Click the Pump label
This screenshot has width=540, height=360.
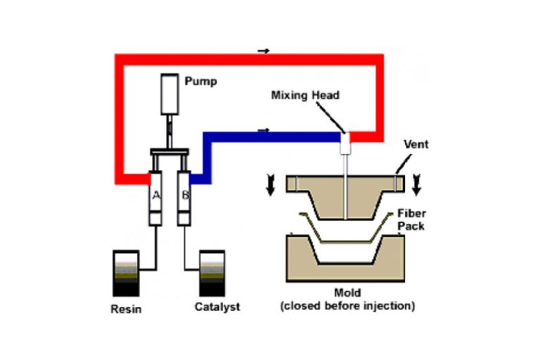(200, 81)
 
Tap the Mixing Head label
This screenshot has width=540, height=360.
(305, 95)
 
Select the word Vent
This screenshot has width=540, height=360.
(415, 143)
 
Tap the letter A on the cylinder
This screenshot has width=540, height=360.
(157, 195)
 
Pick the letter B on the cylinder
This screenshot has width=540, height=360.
(184, 195)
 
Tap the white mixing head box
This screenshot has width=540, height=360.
(345, 144)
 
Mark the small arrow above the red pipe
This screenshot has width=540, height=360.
(264, 51)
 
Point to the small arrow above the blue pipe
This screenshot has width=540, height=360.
(264, 130)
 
